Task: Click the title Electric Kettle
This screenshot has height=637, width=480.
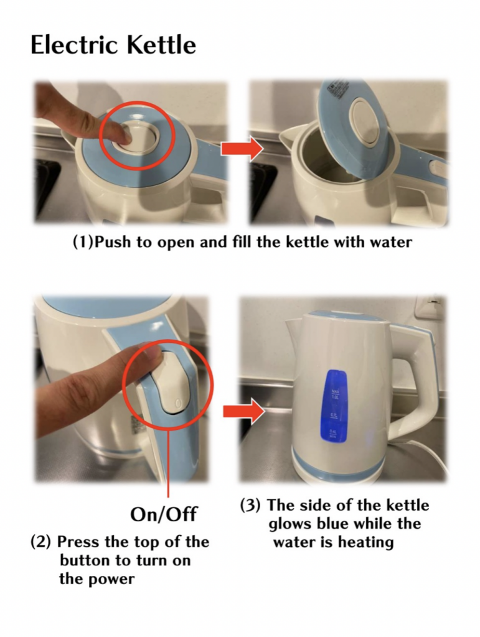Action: (113, 45)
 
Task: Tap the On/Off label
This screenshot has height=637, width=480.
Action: (163, 514)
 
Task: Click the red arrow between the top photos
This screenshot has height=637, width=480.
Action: (242, 149)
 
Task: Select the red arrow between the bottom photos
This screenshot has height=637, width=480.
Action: (244, 411)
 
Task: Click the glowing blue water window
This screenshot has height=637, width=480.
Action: (334, 406)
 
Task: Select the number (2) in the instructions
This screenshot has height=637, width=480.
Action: (41, 542)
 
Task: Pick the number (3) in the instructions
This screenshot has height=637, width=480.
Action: (250, 505)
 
